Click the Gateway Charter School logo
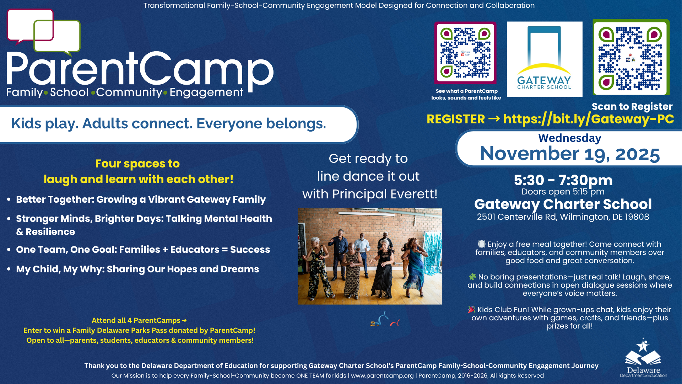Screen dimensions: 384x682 tap(544, 59)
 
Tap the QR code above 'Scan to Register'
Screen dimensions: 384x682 tap(631, 58)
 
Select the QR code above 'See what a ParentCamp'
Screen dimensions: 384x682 tap(465, 53)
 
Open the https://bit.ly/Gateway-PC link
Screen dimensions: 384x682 tap(588, 119)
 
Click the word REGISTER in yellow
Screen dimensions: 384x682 tap(455, 119)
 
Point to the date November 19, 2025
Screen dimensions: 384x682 tap(569, 154)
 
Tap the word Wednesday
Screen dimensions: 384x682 tap(569, 138)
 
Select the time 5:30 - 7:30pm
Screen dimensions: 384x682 tap(563, 180)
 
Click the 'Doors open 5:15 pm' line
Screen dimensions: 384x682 tap(563, 192)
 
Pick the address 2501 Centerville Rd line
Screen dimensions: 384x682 tap(563, 217)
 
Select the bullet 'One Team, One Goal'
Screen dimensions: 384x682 tap(143, 250)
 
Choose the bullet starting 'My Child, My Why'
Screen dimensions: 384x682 tap(137, 269)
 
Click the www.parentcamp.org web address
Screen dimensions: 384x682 tap(382, 376)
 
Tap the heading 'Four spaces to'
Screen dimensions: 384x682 tap(137, 164)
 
